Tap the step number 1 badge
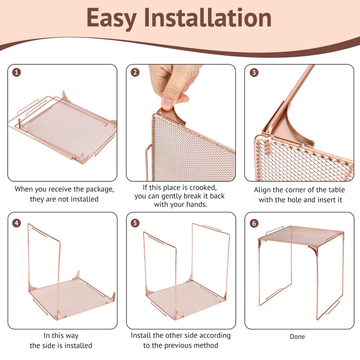(x=17, y=72)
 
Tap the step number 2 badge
(x=135, y=72)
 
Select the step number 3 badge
(x=254, y=72)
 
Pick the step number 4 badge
(x=17, y=223)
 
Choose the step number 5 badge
(x=135, y=223)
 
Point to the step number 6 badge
(x=254, y=223)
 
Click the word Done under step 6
(x=297, y=337)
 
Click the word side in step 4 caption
(x=48, y=346)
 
